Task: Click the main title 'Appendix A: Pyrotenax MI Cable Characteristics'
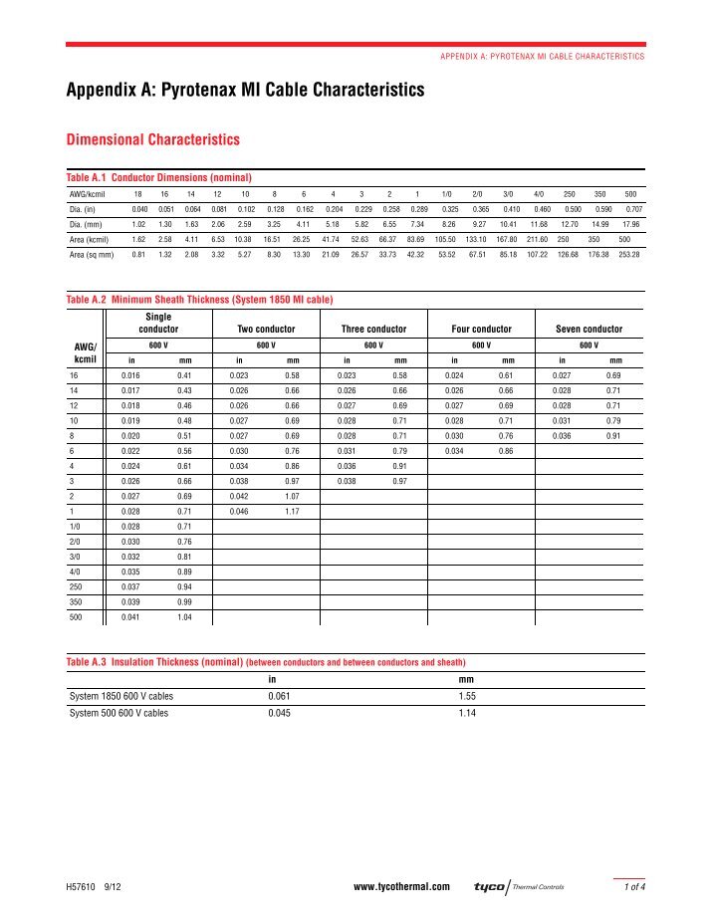pyautogui.click(x=245, y=91)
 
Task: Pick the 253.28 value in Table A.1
pyautogui.click(x=629, y=256)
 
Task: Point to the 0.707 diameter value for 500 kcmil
pyautogui.click(x=633, y=209)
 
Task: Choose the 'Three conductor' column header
pyautogui.click(x=373, y=329)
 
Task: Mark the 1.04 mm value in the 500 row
pyautogui.click(x=184, y=618)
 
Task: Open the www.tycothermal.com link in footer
pyautogui.click(x=401, y=886)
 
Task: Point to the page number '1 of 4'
pyautogui.click(x=630, y=886)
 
